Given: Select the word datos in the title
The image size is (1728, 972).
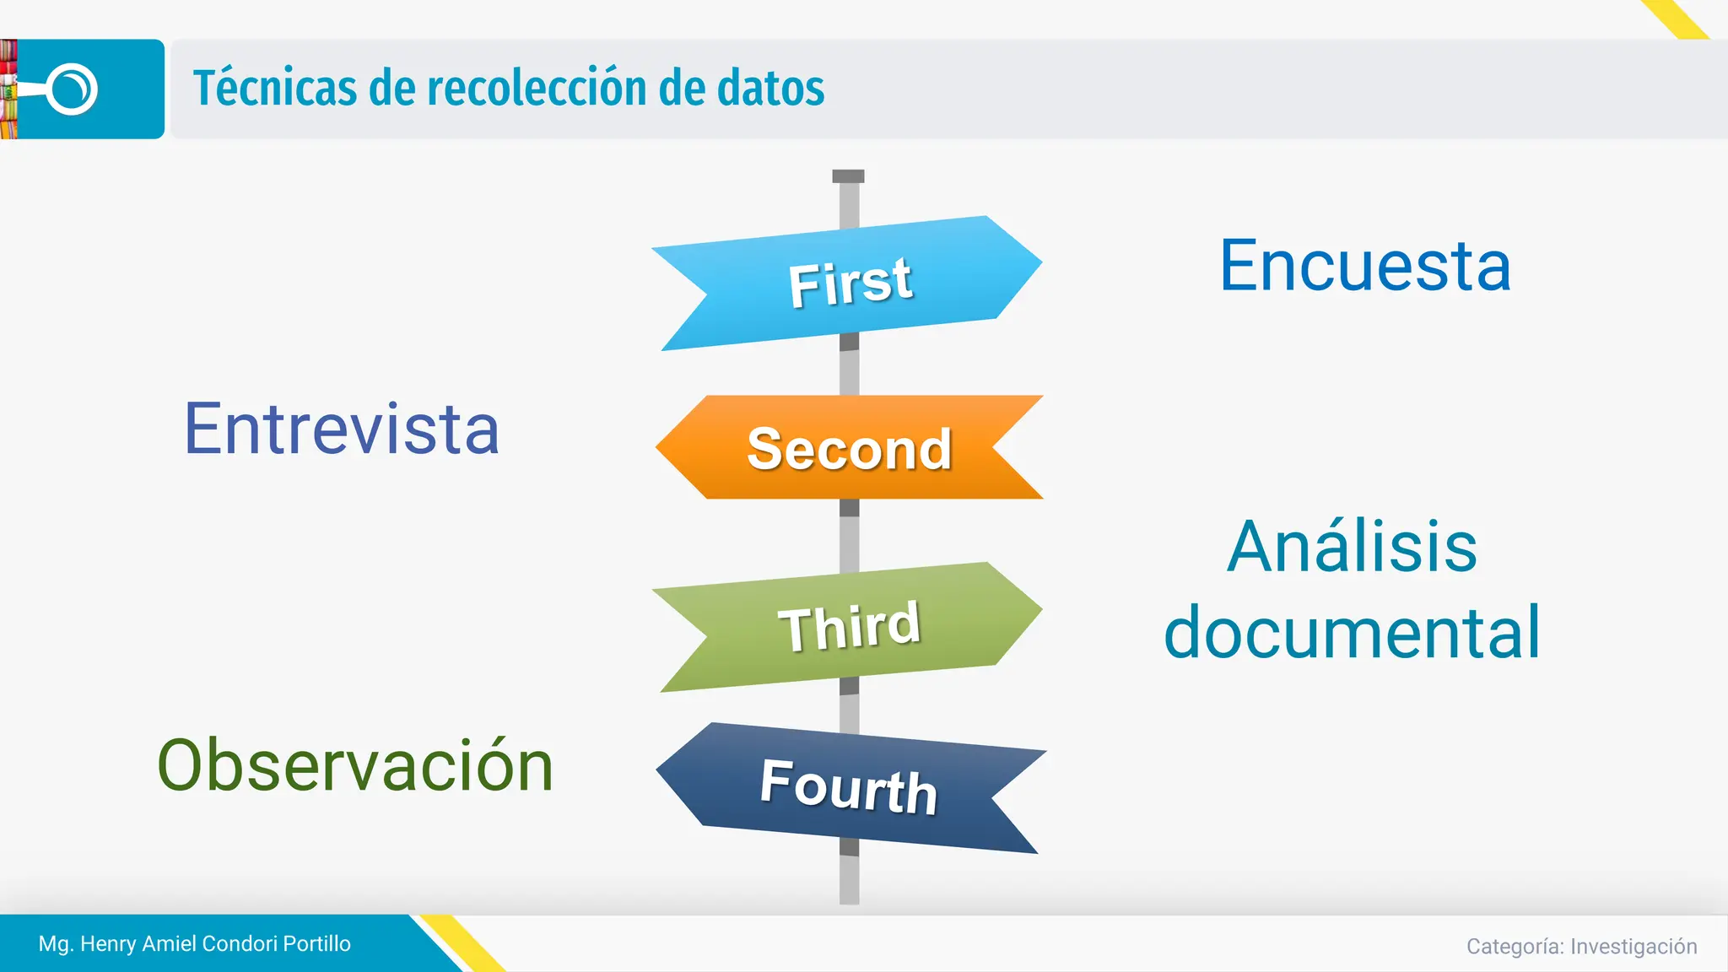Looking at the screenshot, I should [770, 88].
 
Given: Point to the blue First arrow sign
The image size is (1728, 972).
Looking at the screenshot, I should [848, 283].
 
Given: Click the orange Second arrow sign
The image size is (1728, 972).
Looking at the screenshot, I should [849, 447].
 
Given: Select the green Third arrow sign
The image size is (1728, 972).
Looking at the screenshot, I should [848, 626].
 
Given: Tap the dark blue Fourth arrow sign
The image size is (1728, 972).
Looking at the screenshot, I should [849, 786].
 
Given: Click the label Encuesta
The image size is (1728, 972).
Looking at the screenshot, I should [1365, 266].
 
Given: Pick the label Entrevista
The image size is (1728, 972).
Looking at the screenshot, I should [342, 429].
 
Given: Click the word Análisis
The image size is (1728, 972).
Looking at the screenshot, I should [1352, 547].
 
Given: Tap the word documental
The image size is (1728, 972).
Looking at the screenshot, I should [1352, 632].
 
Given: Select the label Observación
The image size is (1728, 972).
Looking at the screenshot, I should [355, 764].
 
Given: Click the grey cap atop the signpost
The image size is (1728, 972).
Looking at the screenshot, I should [848, 176].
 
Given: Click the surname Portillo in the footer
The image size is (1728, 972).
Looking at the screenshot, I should [316, 943].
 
